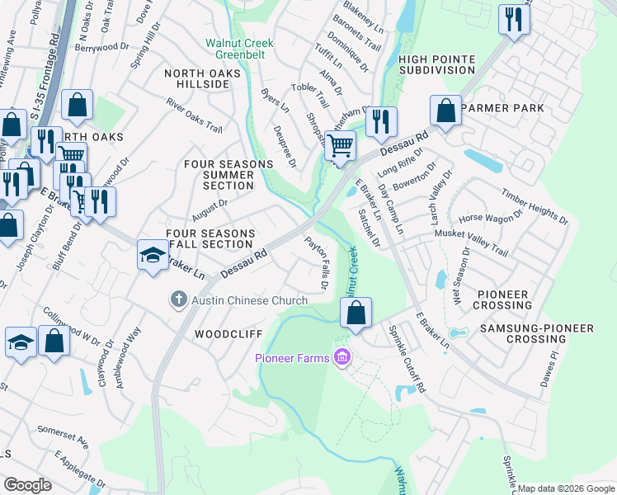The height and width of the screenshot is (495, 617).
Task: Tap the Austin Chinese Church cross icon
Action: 178,300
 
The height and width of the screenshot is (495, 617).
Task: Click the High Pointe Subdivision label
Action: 436,64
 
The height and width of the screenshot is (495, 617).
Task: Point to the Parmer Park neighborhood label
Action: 503,108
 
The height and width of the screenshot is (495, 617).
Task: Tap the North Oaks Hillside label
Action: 202,80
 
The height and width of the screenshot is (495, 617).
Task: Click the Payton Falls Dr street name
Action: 317,263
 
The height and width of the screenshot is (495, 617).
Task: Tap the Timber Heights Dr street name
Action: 534,204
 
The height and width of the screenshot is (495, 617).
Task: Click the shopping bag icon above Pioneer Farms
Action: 356,313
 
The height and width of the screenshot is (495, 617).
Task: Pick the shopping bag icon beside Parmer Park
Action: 445,111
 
